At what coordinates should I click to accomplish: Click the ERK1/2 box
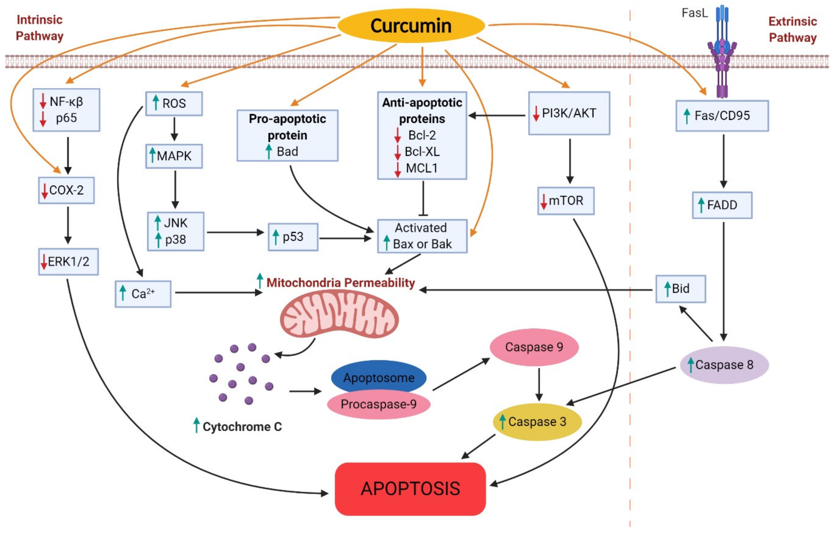[x=68, y=261]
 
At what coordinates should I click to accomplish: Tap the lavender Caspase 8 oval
[x=724, y=365]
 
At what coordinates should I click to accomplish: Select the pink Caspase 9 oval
[x=534, y=347]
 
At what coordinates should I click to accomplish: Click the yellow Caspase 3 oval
[x=537, y=422]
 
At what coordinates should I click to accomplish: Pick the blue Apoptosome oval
[x=379, y=377]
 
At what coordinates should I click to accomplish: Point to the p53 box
[x=293, y=237]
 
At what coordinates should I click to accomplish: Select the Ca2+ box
[x=143, y=294]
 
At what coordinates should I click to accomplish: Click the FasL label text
[x=695, y=13]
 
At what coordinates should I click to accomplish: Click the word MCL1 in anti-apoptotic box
[x=422, y=168]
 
